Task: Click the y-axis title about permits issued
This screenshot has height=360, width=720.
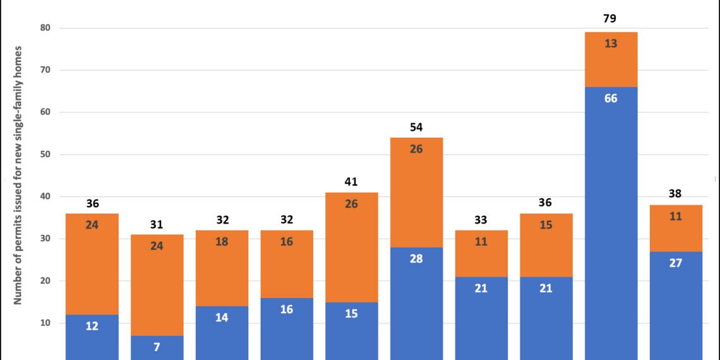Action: point(19,175)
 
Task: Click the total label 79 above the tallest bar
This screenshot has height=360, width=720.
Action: point(610,19)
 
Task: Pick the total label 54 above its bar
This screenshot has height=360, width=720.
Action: point(416,128)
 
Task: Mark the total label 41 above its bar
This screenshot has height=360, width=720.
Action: point(351,182)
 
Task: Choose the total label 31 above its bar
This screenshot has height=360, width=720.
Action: point(157,224)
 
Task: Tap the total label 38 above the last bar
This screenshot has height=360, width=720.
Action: point(675,195)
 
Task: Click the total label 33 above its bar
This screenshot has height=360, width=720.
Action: point(481,220)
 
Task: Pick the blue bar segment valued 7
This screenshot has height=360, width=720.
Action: point(157,347)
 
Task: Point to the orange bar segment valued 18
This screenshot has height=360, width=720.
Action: point(222,265)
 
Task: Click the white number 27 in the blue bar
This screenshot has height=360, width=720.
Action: point(675,263)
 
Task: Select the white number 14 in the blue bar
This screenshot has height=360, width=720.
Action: point(222,318)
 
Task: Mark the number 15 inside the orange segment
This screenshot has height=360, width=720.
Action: point(546,242)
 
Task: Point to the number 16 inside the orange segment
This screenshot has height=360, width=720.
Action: point(287,242)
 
